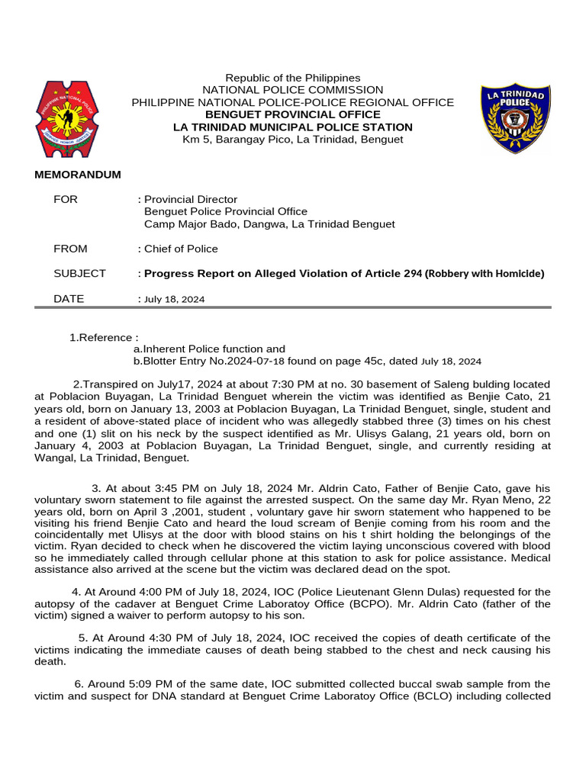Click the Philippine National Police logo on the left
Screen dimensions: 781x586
66,118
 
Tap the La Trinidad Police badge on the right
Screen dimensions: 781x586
515,118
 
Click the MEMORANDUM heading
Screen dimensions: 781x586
78,175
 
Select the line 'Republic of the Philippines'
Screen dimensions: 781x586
293,78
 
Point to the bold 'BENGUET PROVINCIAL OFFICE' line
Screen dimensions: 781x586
293,114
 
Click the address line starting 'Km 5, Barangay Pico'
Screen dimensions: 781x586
293,139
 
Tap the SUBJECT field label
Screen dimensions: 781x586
79,273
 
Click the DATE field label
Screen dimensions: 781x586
69,299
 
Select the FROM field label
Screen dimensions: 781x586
70,249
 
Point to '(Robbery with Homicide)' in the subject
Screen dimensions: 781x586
485,273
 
